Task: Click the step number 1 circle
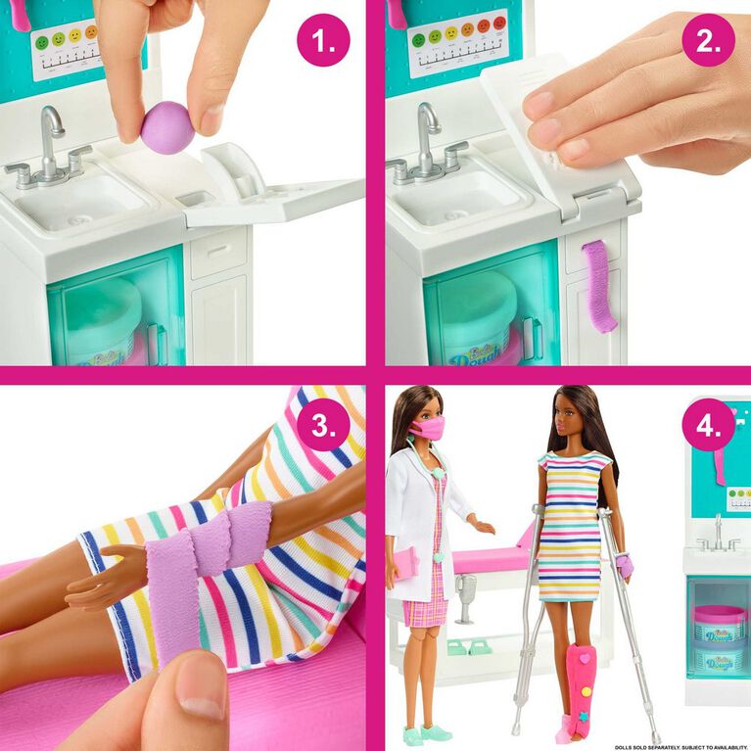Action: click(323, 40)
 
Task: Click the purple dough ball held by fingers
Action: click(167, 127)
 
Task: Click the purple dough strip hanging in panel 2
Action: click(599, 284)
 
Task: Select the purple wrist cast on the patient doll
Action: click(625, 565)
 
